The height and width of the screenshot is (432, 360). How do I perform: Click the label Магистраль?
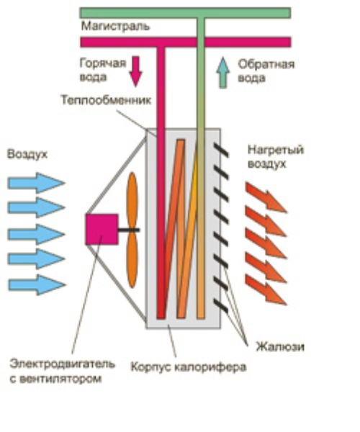(115, 27)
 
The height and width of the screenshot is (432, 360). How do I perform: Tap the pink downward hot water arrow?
(135, 71)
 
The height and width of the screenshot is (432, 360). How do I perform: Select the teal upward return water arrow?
(222, 73)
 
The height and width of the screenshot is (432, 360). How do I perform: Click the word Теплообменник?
(106, 100)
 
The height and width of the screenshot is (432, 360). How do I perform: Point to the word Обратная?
(266, 65)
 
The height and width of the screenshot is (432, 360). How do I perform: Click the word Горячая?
(103, 63)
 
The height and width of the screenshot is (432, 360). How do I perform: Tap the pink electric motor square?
(102, 229)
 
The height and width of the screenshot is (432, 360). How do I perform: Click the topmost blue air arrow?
(36, 183)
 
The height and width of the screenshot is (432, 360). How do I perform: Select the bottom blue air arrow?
(37, 285)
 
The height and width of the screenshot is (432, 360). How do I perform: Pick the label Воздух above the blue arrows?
(27, 154)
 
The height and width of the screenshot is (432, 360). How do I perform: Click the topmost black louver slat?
(221, 150)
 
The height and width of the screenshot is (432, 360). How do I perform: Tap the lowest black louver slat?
(221, 306)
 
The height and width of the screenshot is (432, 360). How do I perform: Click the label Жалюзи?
(280, 346)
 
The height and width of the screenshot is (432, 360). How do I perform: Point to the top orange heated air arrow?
(266, 197)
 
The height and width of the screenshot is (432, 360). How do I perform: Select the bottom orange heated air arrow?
(266, 290)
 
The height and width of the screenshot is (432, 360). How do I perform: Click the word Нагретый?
(276, 150)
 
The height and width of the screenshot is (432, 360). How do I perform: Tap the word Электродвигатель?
(62, 364)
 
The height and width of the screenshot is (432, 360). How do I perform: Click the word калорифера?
(211, 367)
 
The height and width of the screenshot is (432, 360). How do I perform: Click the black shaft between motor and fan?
(129, 230)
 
